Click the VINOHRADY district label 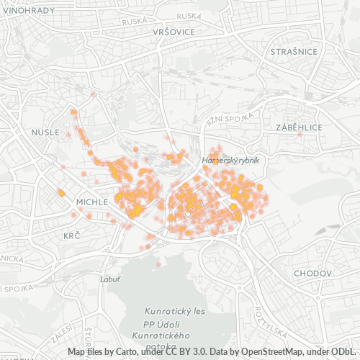pyautogui.click(x=28, y=10)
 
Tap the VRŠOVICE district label pyautogui.click(x=174, y=32)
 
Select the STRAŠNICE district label pyautogui.click(x=294, y=52)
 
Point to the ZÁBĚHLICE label pyautogui.click(x=299, y=127)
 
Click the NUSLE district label pyautogui.click(x=45, y=132)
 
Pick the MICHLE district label pyautogui.click(x=91, y=202)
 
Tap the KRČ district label pyautogui.click(x=72, y=235)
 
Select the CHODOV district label pyautogui.click(x=312, y=274)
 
